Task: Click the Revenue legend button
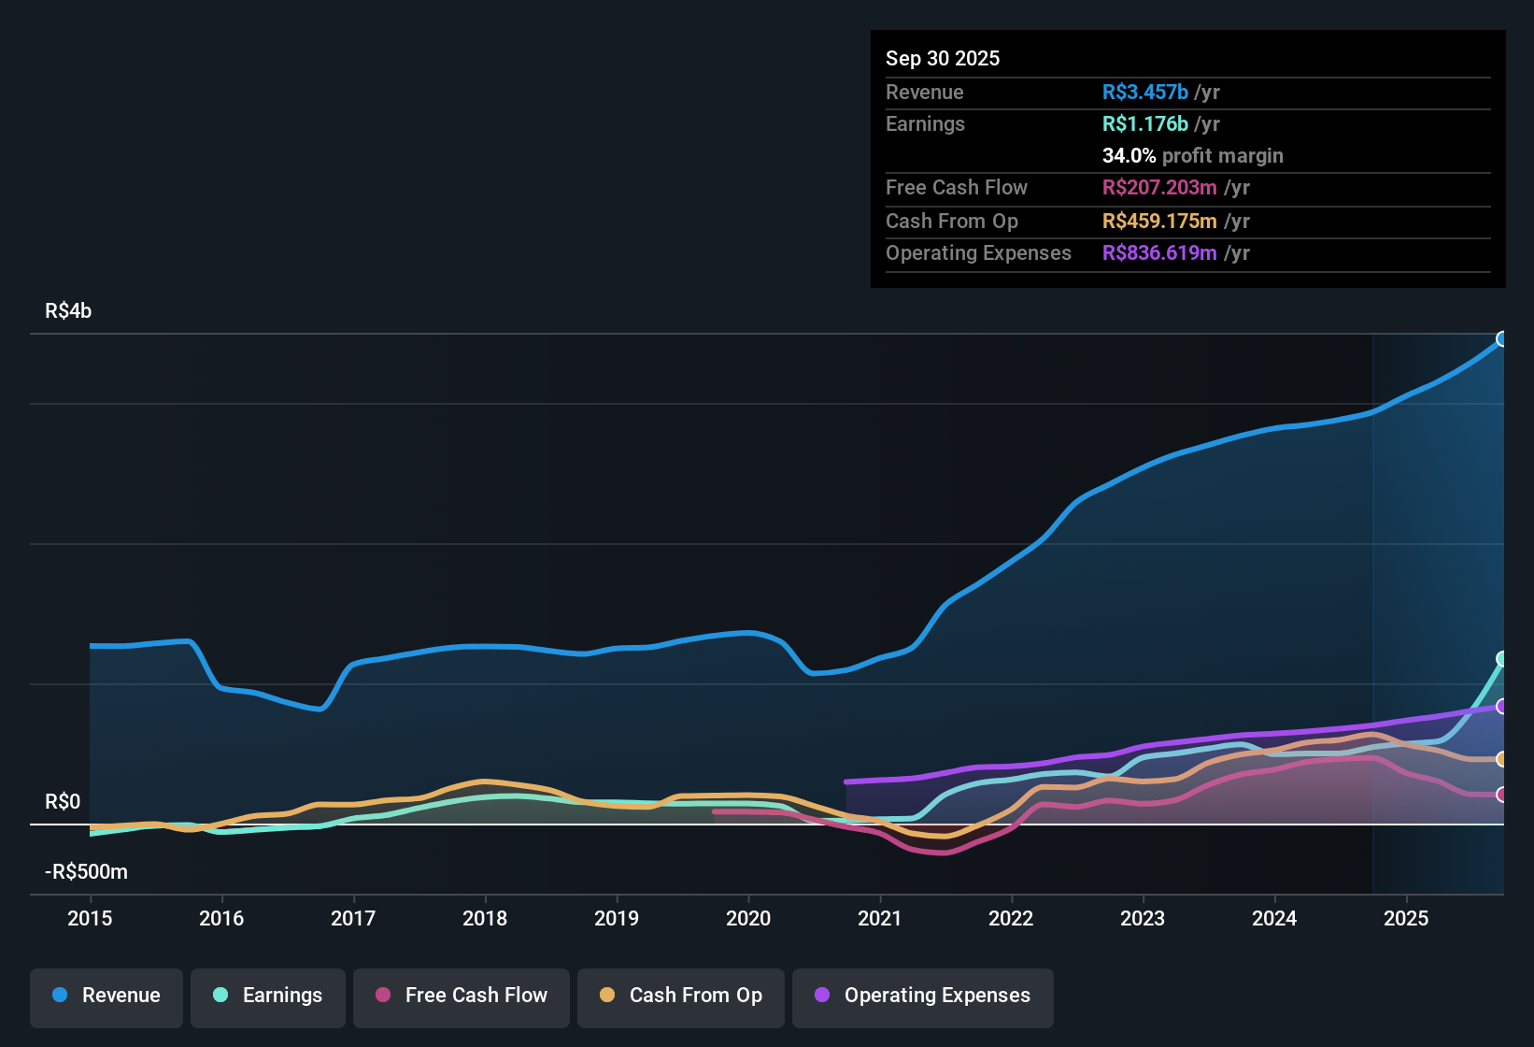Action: tap(107, 997)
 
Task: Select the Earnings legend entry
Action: tap(268, 997)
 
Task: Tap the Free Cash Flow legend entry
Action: tap(462, 997)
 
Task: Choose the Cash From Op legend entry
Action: tap(681, 997)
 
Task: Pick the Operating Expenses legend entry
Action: tap(923, 997)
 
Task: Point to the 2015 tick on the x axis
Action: tap(90, 918)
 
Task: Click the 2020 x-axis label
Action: tap(748, 918)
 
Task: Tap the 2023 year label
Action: tap(1143, 918)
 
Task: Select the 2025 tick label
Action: tap(1406, 918)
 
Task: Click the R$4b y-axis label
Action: tap(68, 311)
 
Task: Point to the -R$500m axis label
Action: tap(86, 872)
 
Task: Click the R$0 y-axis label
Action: tap(63, 802)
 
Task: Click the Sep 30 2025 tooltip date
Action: tap(943, 58)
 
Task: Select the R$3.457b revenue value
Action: tap(1144, 93)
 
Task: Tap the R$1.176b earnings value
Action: tap(1144, 124)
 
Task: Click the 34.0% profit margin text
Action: tap(1192, 156)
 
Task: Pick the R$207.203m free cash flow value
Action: tap(1159, 188)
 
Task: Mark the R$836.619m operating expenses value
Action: tap(1159, 253)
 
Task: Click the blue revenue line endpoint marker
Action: tap(1501, 339)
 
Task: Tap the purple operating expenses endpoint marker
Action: tap(1501, 707)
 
